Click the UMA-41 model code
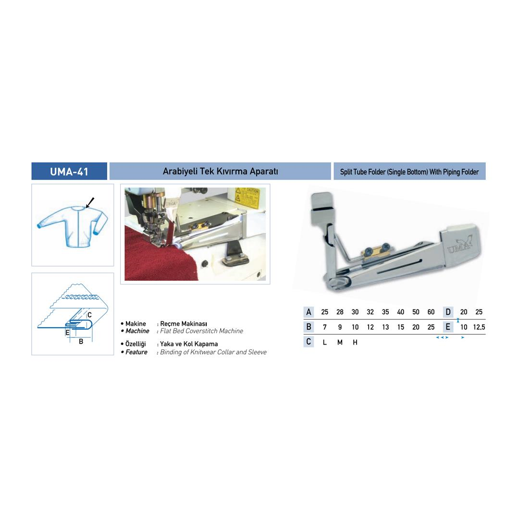coord(69,172)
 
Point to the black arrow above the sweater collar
coord(90,203)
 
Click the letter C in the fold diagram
coord(89,315)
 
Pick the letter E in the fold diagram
coord(68,333)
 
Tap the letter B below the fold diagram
coord(81,341)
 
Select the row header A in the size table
coord(309,312)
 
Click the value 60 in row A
coord(431,312)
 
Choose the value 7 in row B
coord(325,327)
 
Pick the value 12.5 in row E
coord(479,327)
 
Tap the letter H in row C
coord(355,342)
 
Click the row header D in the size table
coord(448,312)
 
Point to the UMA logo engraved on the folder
coord(460,245)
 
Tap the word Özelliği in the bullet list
coord(136,344)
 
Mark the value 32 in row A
coord(370,312)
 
